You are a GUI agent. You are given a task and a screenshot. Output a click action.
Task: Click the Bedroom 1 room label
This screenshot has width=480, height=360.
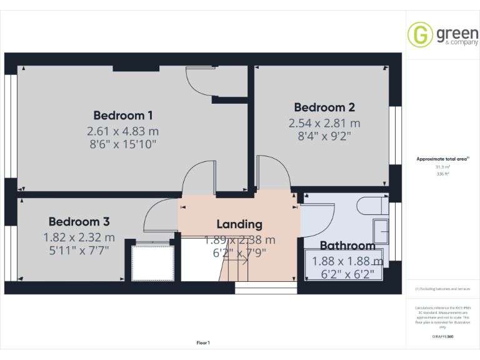click(123, 115)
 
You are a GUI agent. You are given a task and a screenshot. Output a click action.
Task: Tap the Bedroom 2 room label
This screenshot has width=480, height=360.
click(324, 107)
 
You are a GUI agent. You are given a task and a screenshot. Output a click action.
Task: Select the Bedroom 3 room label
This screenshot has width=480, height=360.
click(79, 221)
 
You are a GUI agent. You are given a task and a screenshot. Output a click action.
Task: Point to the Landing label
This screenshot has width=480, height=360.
click(239, 224)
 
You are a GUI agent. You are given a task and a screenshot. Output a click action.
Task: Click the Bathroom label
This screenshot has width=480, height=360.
click(347, 246)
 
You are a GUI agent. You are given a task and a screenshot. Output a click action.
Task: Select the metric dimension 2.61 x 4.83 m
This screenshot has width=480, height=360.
click(123, 131)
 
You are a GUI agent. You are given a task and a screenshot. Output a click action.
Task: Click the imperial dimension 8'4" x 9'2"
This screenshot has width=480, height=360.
click(324, 137)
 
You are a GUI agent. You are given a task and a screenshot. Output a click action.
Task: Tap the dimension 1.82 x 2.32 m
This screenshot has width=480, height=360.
click(79, 237)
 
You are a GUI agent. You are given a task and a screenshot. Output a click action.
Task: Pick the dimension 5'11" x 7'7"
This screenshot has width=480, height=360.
click(79, 251)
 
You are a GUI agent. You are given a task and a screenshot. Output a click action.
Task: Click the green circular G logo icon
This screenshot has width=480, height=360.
click(420, 34)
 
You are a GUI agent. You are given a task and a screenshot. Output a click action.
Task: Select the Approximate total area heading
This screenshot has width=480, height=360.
click(442, 159)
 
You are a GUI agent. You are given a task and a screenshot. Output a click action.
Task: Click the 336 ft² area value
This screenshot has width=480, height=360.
click(442, 174)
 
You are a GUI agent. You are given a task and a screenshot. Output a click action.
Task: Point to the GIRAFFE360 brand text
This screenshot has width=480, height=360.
click(442, 337)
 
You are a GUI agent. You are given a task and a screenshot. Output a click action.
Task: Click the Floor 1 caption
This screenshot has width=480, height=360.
click(203, 342)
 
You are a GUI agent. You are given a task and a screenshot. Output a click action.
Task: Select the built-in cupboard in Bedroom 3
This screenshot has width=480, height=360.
click(153, 262)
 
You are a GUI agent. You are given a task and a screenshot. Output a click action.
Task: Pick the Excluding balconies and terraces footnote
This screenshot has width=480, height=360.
click(442, 289)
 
